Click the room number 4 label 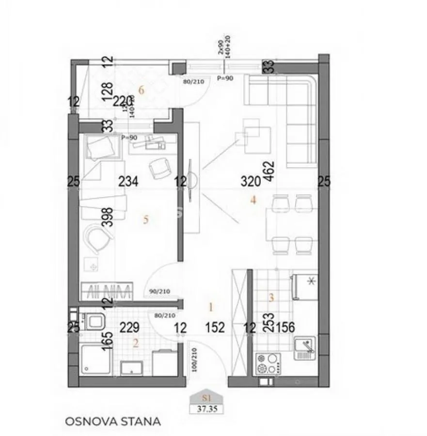253,199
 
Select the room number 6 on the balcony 142,90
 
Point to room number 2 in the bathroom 136,343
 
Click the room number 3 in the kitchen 271,298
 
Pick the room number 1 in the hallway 211,306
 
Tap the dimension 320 252,182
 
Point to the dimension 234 128,182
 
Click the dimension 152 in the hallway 214,328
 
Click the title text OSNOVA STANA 112,421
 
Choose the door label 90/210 159,292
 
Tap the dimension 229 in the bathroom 131,328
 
